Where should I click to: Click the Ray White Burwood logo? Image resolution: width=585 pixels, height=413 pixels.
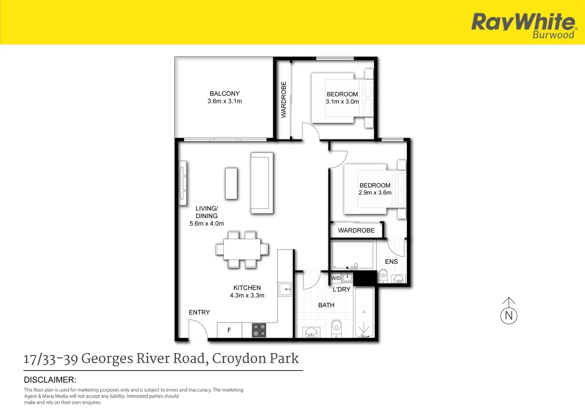click(523, 25)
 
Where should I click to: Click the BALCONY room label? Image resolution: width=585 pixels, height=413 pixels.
click(225, 94)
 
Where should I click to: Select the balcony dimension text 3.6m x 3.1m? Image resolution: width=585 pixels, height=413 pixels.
click(225, 101)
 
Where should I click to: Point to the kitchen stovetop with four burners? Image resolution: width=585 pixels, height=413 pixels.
click(259, 330)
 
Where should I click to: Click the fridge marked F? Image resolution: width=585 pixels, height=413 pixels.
click(229, 330)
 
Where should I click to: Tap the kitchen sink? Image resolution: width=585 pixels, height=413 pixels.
click(285, 289)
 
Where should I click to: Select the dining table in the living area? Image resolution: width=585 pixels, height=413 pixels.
click(242, 249)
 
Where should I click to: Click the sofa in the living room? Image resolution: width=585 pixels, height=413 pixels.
click(262, 183)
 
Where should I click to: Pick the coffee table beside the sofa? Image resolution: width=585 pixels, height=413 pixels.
click(231, 184)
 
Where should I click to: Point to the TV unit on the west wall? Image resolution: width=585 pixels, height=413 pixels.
click(183, 180)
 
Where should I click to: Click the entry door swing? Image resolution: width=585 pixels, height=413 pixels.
click(197, 330)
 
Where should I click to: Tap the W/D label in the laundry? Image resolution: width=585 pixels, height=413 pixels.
click(336, 278)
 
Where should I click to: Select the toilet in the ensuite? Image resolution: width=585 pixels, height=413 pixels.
click(383, 275)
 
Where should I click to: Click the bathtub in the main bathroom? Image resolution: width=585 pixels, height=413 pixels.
click(364, 312)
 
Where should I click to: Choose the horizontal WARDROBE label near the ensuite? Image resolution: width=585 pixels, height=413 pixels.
click(356, 231)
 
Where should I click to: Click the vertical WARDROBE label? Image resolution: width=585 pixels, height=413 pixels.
click(284, 99)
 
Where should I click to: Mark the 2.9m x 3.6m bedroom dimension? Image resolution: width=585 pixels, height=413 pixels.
click(375, 193)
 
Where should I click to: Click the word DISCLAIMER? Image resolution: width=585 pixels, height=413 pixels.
click(50, 380)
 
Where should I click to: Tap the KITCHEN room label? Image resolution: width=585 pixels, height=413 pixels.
click(247, 288)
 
